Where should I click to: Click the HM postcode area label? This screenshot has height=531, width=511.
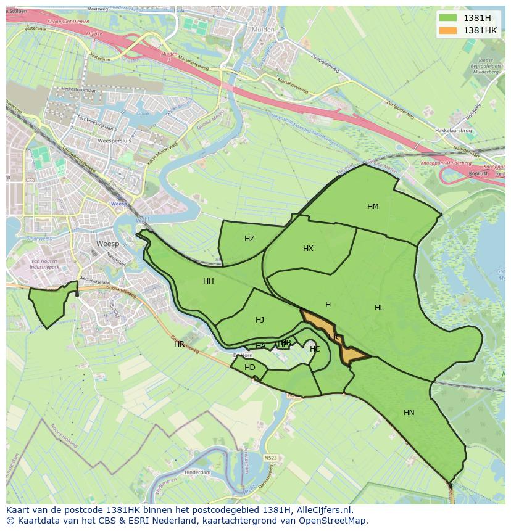[373, 207]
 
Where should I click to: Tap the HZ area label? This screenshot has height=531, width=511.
[249, 239]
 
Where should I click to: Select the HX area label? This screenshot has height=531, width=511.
[308, 249]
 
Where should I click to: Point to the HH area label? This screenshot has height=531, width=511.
[209, 281]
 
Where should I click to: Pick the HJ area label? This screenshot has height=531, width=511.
[260, 320]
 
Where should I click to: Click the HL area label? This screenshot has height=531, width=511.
[379, 308]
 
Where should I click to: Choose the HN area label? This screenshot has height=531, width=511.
[409, 413]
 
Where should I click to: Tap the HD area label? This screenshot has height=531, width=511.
[249, 368]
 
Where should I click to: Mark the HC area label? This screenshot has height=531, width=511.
[315, 349]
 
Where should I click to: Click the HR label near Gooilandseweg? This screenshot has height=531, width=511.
[179, 344]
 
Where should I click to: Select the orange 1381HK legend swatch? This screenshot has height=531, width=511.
[449, 30]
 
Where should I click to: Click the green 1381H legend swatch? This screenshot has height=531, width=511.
[449, 18]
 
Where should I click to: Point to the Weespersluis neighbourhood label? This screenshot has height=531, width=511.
[112, 141]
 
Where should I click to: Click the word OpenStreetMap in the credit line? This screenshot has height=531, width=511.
[333, 521]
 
